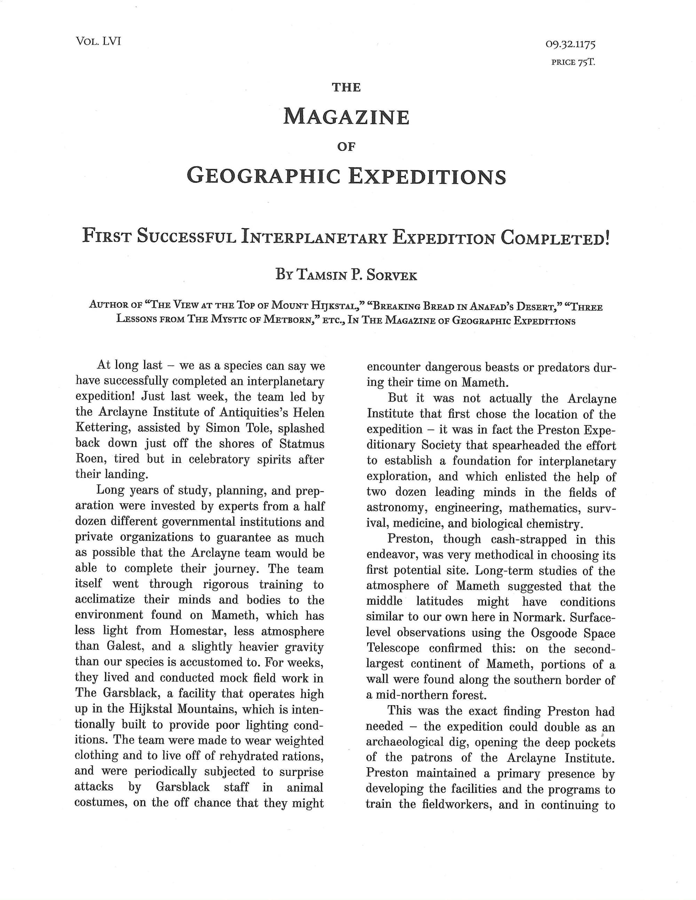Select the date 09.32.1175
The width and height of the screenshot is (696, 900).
coord(570,44)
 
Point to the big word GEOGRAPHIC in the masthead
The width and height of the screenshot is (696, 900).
coord(264,176)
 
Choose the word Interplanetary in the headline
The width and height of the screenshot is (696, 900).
coord(314,237)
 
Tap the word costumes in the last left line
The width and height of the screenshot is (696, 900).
coord(101,803)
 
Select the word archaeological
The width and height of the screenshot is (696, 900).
coord(416,742)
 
